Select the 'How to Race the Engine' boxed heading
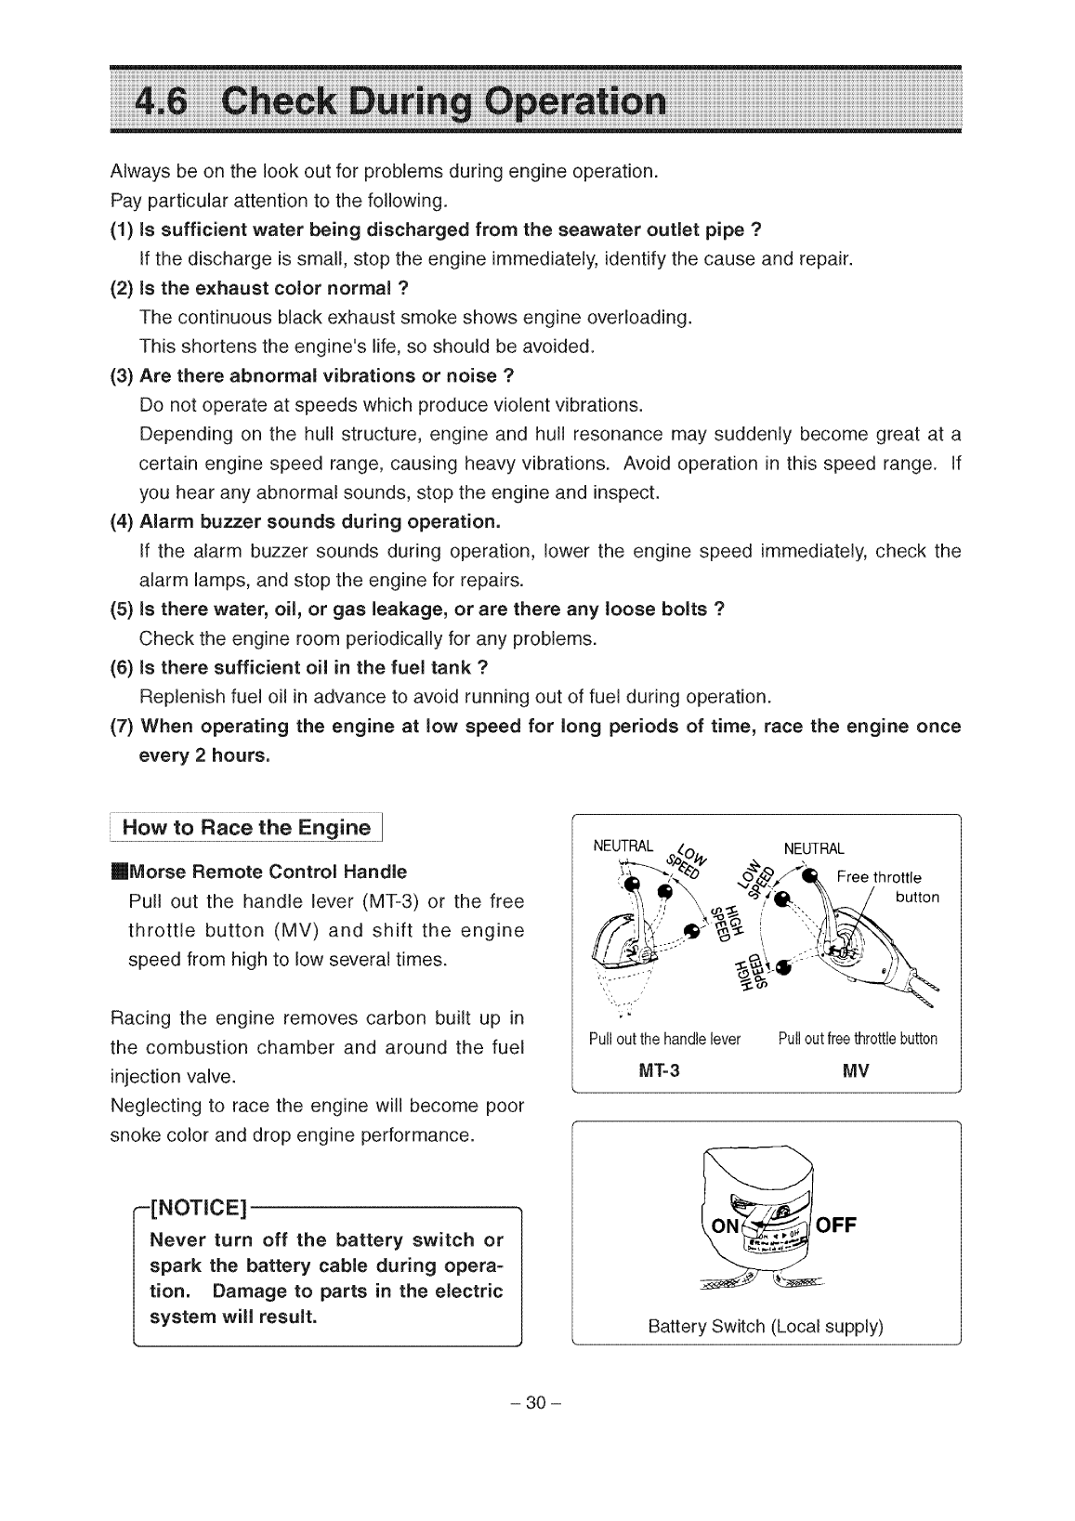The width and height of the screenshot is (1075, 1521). tap(247, 828)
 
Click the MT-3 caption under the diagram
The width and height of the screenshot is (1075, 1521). tap(661, 1070)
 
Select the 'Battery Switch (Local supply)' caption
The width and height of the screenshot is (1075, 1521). tap(765, 1326)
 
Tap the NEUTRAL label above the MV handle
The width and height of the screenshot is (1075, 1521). tap(814, 848)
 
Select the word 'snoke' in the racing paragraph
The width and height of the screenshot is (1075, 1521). tap(134, 1135)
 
